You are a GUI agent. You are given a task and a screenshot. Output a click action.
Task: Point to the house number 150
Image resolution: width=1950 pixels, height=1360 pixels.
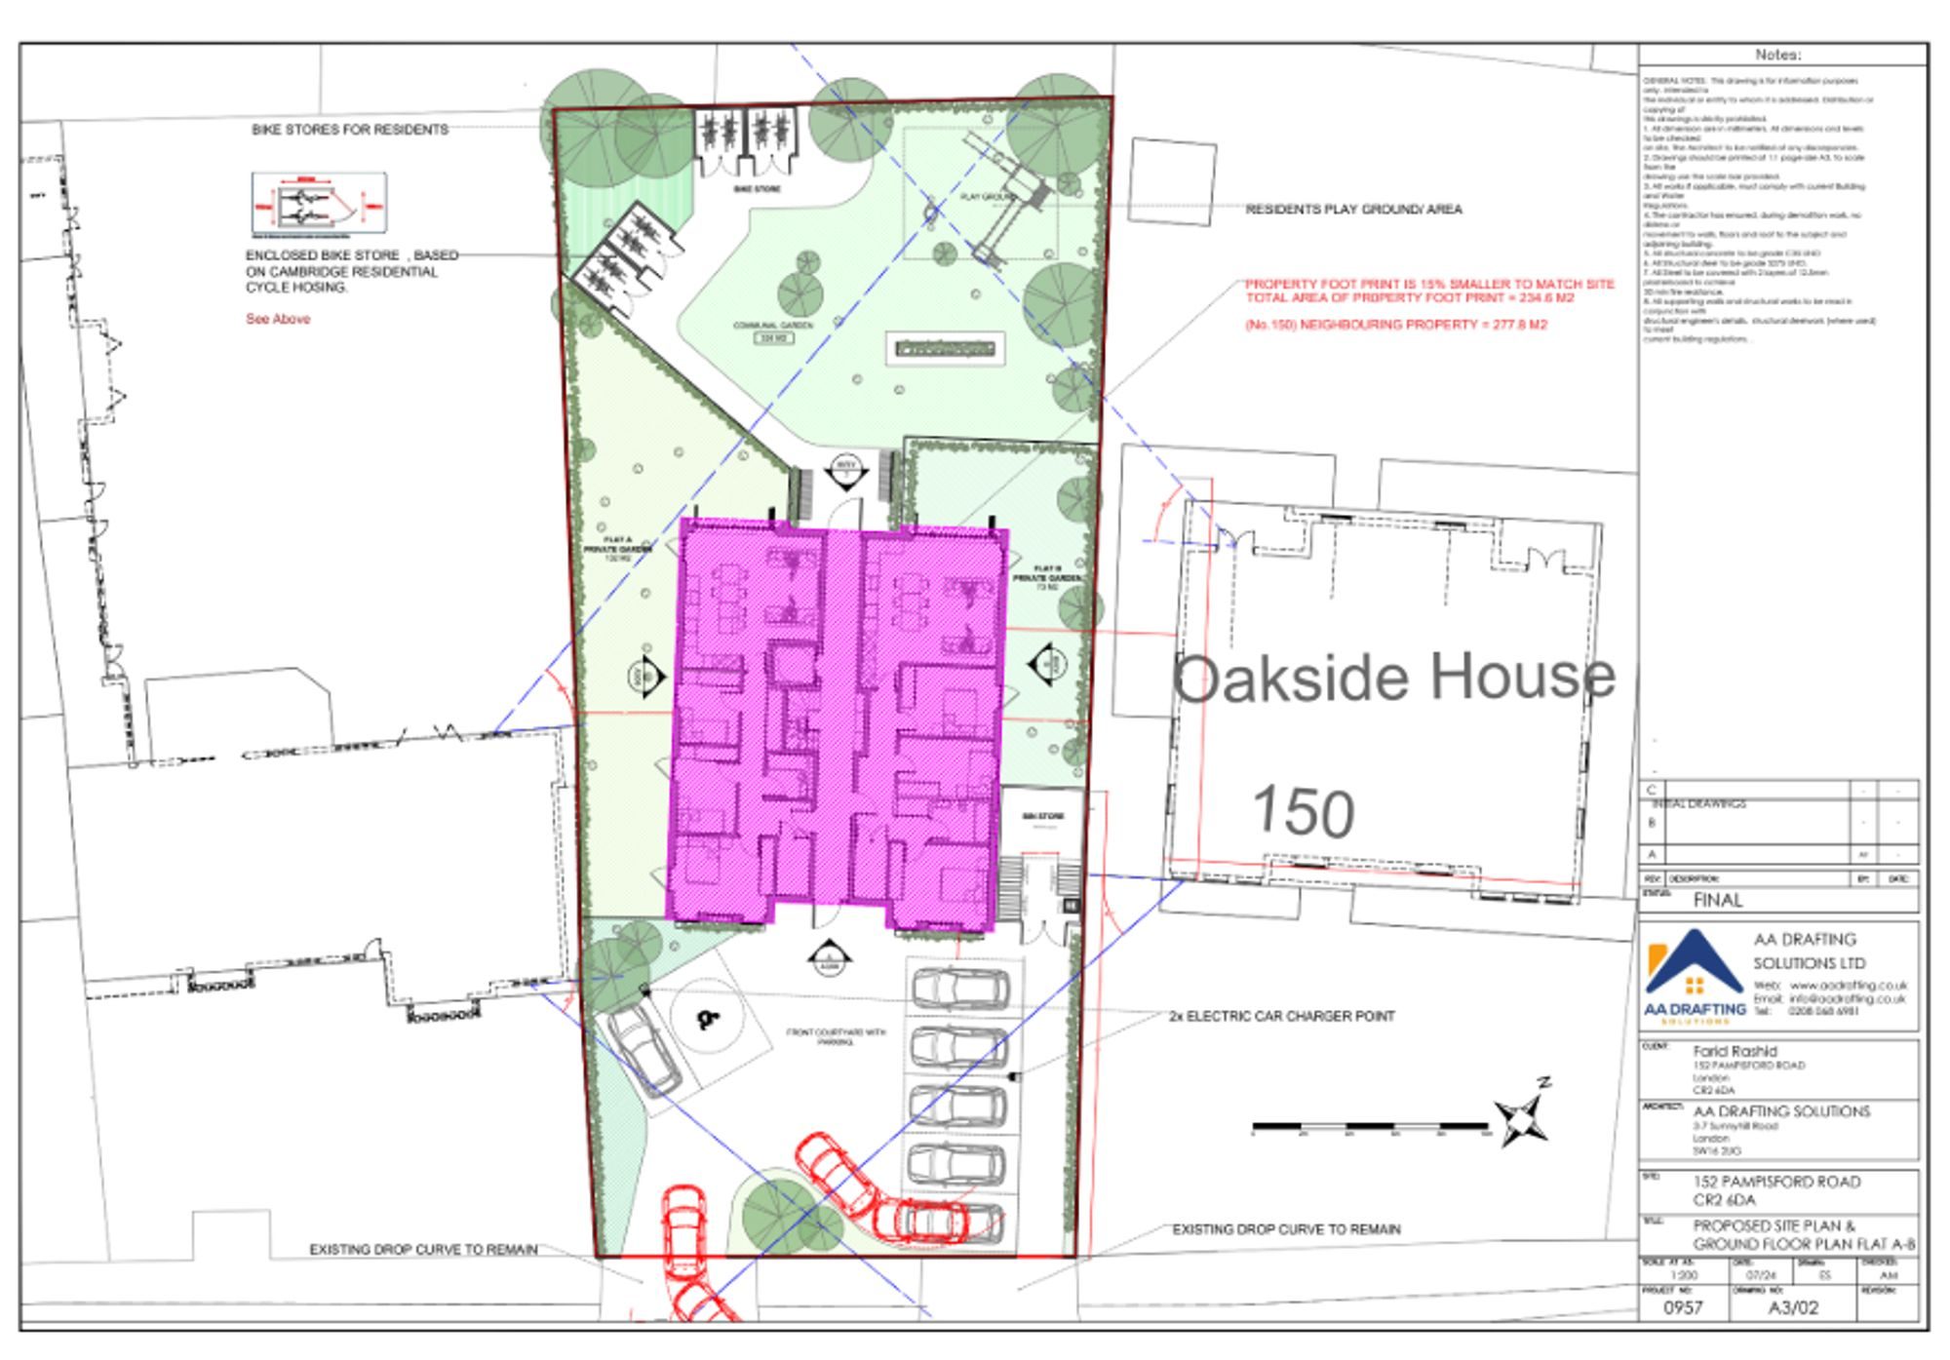pos(1303,811)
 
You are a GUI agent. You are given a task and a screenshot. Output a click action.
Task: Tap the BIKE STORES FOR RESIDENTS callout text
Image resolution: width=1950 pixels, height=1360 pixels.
pos(350,130)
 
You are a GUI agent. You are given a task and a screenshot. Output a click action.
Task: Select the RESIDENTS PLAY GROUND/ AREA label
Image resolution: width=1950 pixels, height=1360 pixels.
pos(1353,210)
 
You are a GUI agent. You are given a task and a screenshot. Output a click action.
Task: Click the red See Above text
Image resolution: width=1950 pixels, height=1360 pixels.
pos(278,319)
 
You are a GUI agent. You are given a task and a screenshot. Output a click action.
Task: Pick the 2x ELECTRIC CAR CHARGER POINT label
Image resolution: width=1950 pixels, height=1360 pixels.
pos(1281,1016)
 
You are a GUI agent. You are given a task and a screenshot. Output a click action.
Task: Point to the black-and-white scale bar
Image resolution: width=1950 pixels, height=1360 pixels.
pos(1370,1128)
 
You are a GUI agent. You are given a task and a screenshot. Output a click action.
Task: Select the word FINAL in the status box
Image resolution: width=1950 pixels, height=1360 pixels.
pos(1717,900)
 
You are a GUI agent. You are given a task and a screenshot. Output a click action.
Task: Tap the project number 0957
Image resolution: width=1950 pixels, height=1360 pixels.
pos(1683,1307)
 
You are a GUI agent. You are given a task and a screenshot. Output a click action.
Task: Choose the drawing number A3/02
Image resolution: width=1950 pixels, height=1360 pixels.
pos(1793,1307)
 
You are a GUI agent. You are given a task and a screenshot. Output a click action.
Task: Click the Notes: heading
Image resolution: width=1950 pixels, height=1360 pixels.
pos(1777,56)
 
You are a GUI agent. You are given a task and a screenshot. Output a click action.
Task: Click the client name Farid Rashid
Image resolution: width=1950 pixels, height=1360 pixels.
pos(1735,1051)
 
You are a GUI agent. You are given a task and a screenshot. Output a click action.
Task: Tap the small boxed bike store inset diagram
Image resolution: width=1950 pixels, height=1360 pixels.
pos(319,204)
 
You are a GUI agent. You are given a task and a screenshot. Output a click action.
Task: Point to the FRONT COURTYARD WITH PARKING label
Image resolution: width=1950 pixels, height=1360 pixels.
pos(836,1036)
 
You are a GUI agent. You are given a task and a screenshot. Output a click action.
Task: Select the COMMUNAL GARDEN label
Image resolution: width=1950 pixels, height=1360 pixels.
pos(773,326)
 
